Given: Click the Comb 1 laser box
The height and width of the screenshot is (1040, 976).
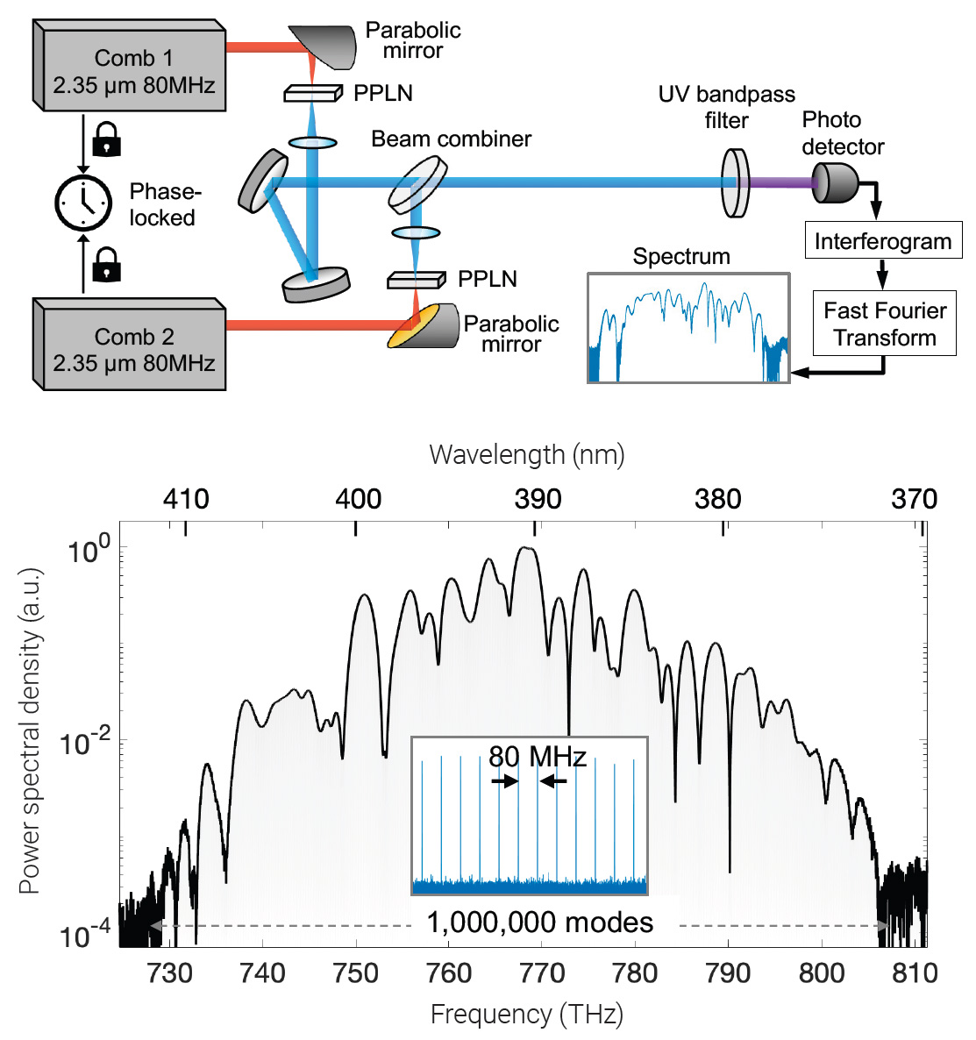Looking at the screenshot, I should point(132,71).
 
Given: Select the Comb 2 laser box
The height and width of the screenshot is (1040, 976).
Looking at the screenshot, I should point(132,349).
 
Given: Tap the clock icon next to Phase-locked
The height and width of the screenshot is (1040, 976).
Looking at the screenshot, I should point(83,203).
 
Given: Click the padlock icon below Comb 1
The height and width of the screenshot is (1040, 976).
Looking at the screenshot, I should point(106,139).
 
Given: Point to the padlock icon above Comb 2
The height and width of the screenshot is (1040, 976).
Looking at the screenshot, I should point(106,263).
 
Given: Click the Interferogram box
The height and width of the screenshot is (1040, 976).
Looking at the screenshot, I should point(882,241).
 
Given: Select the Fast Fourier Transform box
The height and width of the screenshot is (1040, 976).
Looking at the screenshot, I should point(884,324).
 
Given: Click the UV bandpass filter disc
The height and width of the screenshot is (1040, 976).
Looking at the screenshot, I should point(735,182).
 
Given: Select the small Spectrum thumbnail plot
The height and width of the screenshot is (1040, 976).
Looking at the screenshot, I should point(687,328).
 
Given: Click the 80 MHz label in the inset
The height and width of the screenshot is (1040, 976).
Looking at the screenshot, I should point(537,756).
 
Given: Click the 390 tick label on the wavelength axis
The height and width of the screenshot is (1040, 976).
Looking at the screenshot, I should point(538,499).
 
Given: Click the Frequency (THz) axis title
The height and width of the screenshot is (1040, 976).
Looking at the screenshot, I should point(526,1015).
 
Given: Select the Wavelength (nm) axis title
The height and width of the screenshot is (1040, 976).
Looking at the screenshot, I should point(526,454).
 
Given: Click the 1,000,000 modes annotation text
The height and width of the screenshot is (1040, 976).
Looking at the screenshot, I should point(540,922).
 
